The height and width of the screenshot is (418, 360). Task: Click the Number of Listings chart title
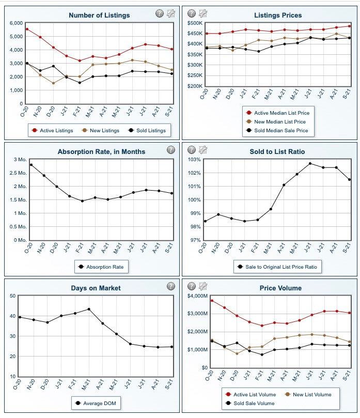click(99, 15)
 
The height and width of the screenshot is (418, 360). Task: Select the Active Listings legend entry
click(52, 130)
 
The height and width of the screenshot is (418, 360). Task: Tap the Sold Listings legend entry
click(147, 130)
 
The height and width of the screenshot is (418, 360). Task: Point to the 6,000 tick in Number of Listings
click(16, 23)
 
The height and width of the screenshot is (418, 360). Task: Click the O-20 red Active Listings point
click(27, 29)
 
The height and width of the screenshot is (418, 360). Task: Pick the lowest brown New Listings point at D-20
click(53, 83)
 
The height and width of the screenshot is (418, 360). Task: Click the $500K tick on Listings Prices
click(195, 23)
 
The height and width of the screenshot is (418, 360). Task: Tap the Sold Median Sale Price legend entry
click(277, 130)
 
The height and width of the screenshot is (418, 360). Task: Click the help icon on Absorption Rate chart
click(171, 149)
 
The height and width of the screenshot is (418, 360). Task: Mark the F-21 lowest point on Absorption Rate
click(82, 201)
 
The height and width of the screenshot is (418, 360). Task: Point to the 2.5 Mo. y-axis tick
click(20, 173)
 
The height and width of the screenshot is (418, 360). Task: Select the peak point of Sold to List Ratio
click(310, 163)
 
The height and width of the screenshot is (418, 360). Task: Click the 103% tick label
click(194, 160)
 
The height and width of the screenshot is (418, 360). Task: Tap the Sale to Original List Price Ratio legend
click(277, 267)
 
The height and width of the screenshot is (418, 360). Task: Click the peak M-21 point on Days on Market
click(89, 309)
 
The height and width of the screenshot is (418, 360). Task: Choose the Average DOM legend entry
click(96, 404)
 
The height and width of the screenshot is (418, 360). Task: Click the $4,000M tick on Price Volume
click(197, 296)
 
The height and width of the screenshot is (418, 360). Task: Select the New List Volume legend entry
click(308, 395)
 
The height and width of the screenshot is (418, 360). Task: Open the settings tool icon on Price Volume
click(203, 286)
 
